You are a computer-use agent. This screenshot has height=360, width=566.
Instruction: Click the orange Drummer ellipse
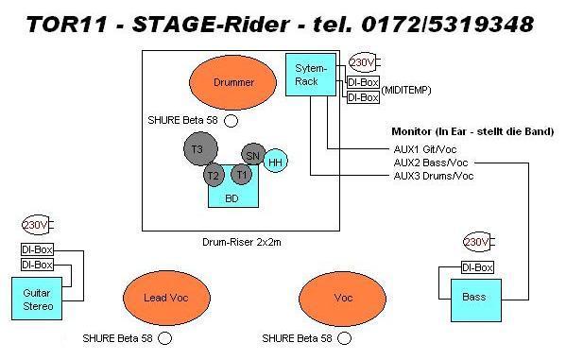pos(232,82)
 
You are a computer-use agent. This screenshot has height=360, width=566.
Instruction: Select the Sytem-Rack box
pos(311,75)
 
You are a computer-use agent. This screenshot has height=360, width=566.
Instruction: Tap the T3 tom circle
pos(200,148)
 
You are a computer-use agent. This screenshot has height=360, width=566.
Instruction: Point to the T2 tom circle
pos(214,175)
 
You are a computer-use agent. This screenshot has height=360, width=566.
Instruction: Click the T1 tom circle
pos(242,174)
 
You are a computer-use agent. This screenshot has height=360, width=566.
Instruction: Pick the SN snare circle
pos(253,155)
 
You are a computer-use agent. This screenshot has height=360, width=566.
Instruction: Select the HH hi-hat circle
pos(275,162)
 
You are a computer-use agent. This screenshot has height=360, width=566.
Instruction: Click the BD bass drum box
pos(233,195)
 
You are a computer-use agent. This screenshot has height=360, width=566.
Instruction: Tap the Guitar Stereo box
pos(37,299)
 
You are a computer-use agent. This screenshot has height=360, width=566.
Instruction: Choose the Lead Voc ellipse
pos(166,298)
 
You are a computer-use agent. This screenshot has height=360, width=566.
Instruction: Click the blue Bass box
pos(476,300)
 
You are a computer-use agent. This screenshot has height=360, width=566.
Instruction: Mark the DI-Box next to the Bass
pos(477,267)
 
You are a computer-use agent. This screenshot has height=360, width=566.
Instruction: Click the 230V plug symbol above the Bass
pos(479,242)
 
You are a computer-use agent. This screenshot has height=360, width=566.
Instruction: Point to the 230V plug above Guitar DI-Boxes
pos(38,225)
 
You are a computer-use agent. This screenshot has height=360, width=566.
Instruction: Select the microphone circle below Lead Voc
pos(165,338)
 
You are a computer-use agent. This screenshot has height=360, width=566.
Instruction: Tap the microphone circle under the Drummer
pos(231,121)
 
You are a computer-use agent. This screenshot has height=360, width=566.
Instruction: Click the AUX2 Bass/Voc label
pos(431,163)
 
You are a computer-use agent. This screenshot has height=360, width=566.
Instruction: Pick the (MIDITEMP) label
pos(406,90)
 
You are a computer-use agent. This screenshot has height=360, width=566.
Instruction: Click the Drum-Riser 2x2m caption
pos(242,242)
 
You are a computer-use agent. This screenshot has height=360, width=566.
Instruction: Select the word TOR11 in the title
pos(67,25)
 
